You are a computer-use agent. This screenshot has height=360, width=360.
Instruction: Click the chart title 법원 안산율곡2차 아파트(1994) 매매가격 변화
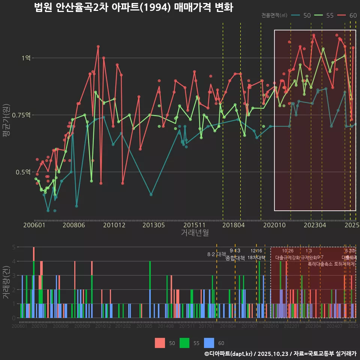133,7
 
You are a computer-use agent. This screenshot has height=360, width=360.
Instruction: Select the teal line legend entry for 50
301,15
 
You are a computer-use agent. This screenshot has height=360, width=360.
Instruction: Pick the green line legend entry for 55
324,15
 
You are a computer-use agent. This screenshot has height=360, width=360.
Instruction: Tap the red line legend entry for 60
347,15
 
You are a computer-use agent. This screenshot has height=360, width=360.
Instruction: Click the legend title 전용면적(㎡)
274,15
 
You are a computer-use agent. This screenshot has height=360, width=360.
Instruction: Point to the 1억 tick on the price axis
26,58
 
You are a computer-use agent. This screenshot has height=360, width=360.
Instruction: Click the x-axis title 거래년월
195,232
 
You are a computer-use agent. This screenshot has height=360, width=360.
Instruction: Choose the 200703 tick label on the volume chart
39,327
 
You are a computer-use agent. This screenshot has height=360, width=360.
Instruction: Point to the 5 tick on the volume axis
13,247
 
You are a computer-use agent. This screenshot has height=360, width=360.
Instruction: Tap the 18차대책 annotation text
256,258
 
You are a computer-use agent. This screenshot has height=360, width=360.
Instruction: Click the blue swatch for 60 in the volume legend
209,343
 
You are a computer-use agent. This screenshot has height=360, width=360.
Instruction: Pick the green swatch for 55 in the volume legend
184,343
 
